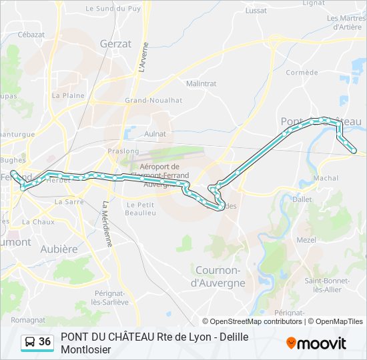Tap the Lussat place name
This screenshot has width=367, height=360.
256,11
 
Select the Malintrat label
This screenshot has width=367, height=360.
202,84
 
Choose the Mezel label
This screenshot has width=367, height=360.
306,240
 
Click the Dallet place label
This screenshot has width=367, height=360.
302,199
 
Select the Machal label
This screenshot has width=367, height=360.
326,179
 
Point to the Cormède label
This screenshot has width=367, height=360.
302,72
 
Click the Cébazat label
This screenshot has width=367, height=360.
31,34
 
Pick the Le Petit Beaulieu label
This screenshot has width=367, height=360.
141,209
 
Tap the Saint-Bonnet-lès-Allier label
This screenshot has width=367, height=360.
324,285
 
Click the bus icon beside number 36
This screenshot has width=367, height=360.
30,342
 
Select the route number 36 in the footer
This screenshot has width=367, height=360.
45,341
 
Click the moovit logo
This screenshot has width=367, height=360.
316,343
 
